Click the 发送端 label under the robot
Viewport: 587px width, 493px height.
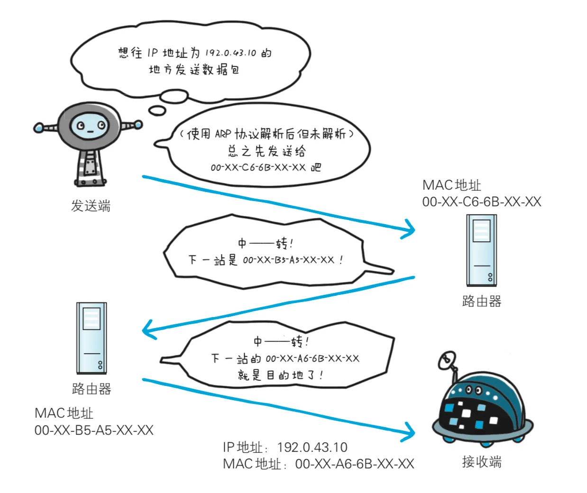pyautogui.click(x=91, y=206)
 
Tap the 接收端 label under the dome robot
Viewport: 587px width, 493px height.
pyautogui.click(x=481, y=461)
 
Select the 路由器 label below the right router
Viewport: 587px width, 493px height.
pyautogui.click(x=481, y=301)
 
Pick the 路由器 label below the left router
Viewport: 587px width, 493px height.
pyautogui.click(x=92, y=389)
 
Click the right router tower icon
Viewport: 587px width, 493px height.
pyautogui.click(x=481, y=250)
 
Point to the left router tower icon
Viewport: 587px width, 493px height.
pyautogui.click(x=92, y=338)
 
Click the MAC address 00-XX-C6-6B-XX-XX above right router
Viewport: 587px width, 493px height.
pyautogui.click(x=481, y=201)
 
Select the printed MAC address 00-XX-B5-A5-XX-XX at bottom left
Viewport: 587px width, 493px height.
pyautogui.click(x=94, y=430)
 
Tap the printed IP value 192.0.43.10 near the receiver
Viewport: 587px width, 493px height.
pyautogui.click(x=312, y=447)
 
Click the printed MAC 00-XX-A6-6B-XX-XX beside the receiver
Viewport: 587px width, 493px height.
pyautogui.click(x=354, y=464)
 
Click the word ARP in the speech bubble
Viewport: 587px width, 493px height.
pyautogui.click(x=223, y=134)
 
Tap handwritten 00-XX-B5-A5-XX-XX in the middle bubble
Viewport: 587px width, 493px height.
pyautogui.click(x=288, y=260)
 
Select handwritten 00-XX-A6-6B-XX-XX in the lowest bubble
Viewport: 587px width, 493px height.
pyautogui.click(x=312, y=358)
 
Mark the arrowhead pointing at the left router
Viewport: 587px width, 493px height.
pyautogui.click(x=148, y=329)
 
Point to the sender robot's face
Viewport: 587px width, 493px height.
pyautogui.click(x=88, y=126)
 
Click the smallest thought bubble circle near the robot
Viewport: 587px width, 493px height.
pyautogui.click(x=157, y=111)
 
